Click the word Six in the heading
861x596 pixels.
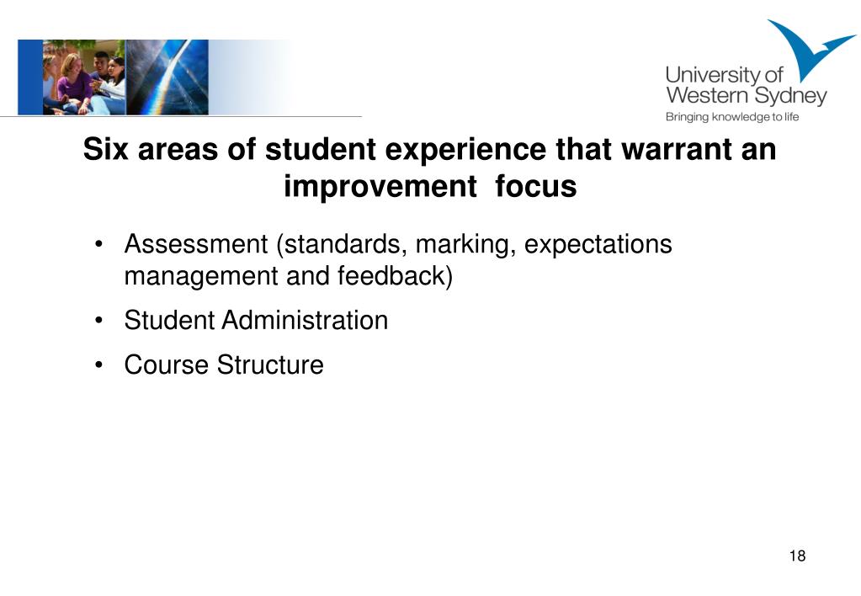click(x=106, y=149)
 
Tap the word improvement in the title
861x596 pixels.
click(x=380, y=188)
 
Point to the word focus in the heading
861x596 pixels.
click(x=536, y=186)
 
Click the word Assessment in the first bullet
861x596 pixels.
click(x=196, y=244)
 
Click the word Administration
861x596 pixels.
click(x=305, y=320)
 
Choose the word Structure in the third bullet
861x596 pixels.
click(x=270, y=365)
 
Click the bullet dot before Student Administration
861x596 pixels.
click(x=98, y=320)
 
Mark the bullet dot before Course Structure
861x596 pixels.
click(x=98, y=365)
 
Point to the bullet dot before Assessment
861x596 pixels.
click(x=98, y=244)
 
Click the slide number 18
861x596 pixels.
click(x=797, y=556)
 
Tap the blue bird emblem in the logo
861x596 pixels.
click(x=807, y=46)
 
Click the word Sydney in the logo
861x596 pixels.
click(x=790, y=97)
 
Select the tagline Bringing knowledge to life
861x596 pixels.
click(x=732, y=117)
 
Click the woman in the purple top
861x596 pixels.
click(x=73, y=83)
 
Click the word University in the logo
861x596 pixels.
click(x=712, y=75)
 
